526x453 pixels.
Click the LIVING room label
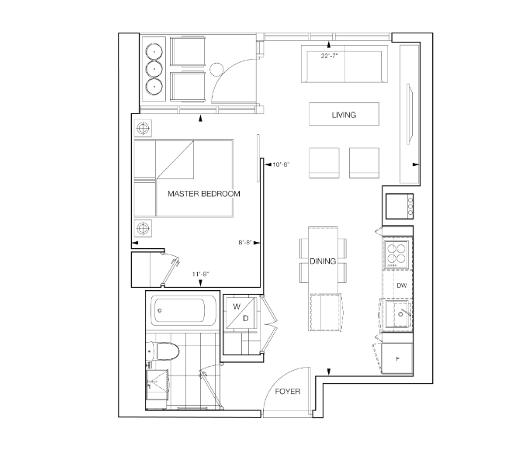tap(344, 115)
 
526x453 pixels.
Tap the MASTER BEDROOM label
tap(204, 194)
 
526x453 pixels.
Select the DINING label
tap(323, 261)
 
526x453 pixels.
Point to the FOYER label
tap(288, 391)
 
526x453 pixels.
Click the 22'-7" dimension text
tap(330, 56)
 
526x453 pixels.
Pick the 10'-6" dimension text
tap(281, 164)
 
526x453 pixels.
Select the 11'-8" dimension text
tap(201, 274)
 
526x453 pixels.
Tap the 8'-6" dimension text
tap(245, 243)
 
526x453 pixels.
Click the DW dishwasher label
tap(402, 285)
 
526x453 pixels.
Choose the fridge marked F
tap(397, 358)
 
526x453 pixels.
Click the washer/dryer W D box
tap(241, 313)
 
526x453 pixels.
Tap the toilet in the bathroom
tap(163, 351)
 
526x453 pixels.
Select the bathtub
tap(183, 310)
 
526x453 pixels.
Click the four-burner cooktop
tap(396, 254)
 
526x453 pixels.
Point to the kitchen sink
tap(398, 314)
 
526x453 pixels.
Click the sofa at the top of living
tap(344, 64)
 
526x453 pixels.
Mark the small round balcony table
tap(216, 70)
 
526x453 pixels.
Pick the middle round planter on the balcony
tap(154, 69)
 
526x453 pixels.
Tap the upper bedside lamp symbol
tap(143, 128)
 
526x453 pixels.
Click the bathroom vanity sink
tap(157, 385)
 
